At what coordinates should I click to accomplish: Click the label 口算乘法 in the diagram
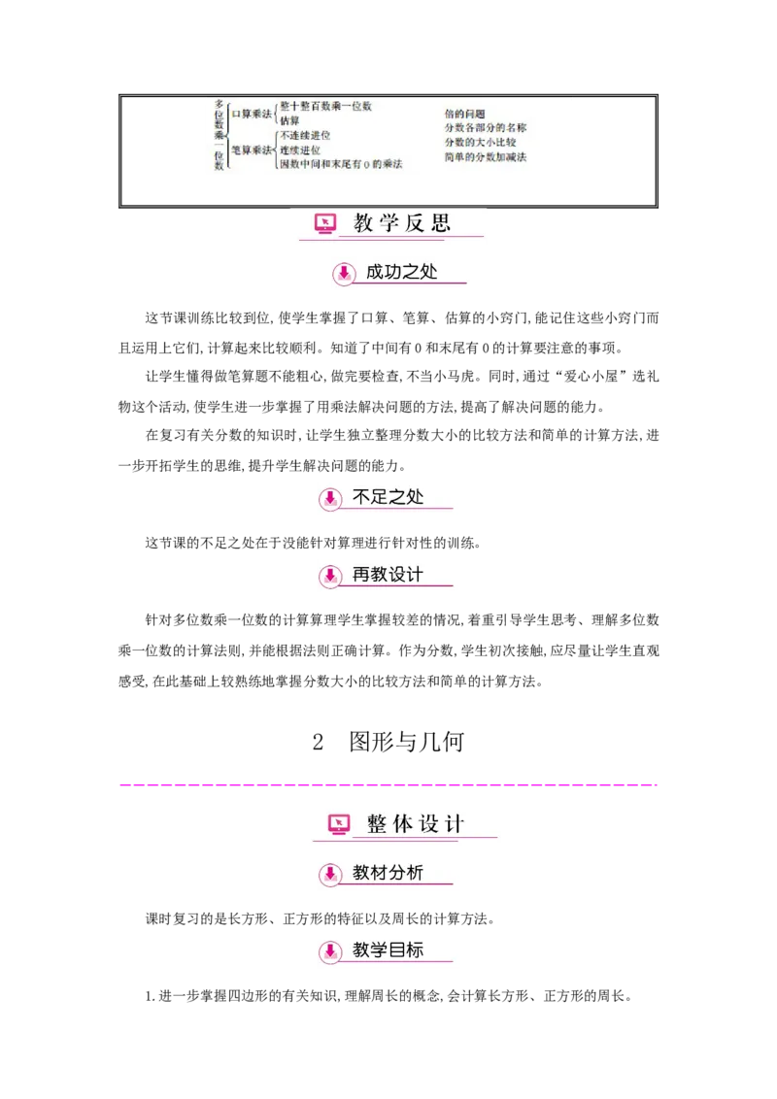click(252, 114)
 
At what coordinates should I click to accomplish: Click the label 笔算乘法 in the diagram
click(252, 150)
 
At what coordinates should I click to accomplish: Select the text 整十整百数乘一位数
click(325, 106)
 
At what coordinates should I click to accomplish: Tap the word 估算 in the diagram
click(290, 121)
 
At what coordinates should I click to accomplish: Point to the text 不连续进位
click(305, 136)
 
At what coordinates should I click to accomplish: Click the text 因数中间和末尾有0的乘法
click(340, 165)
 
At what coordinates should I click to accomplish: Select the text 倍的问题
click(464, 114)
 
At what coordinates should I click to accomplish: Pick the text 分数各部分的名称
click(486, 128)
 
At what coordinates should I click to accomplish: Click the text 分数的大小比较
click(480, 143)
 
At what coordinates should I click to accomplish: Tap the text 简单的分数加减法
click(486, 157)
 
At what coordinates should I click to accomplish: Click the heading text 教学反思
click(402, 223)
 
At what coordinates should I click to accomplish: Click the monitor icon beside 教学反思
click(325, 224)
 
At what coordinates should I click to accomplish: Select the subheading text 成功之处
click(401, 272)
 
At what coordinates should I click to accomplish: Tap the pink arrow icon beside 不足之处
click(330, 498)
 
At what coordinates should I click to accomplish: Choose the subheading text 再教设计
click(388, 575)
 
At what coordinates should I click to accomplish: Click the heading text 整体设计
click(416, 824)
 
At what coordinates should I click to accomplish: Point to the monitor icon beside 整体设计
click(338, 824)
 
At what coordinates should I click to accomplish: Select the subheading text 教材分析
click(388, 873)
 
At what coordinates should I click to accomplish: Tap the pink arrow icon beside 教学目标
click(330, 950)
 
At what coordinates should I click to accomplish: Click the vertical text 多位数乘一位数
click(220, 136)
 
